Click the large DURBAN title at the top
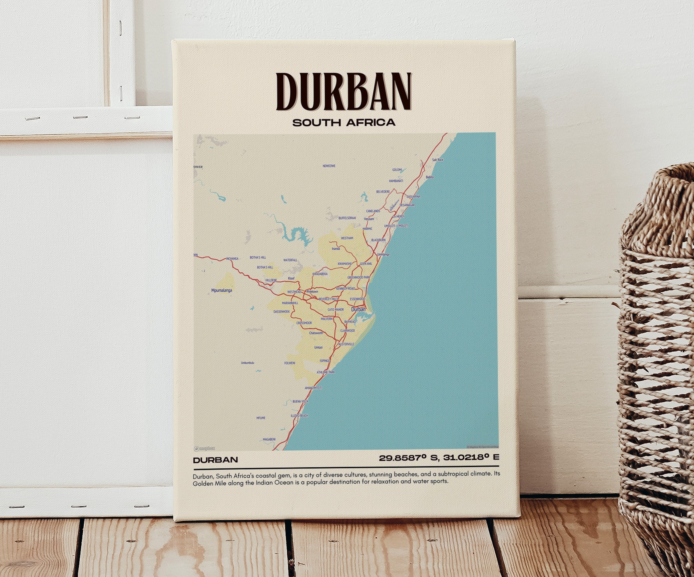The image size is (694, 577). coord(344,91)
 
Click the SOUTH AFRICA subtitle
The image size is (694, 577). coord(344,123)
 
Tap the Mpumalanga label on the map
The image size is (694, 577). coord(221,291)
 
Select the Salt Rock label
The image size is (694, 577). coord(437,160)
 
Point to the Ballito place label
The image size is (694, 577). coord(430,177)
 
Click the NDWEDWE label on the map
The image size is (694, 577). coord(329,166)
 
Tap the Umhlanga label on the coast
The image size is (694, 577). coord(383,254)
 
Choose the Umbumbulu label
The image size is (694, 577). coord(248,363)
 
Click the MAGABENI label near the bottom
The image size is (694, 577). coord(269,439)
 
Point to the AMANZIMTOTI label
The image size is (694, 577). coord(313,388)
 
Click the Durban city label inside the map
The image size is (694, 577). coord(358,309)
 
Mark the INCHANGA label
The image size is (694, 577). coord(232,259)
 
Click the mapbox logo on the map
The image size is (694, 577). coord(205,448)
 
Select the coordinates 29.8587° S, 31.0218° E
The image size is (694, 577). coord(439,458)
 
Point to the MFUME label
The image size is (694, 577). coord(261,418)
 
